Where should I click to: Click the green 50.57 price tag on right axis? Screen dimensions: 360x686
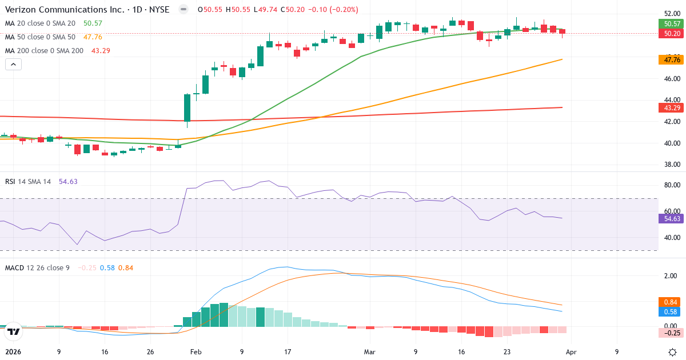pyautogui.click(x=672, y=24)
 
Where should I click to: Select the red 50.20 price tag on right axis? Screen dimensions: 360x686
pyautogui.click(x=672, y=34)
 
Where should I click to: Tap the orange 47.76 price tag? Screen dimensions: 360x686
pyautogui.click(x=672, y=59)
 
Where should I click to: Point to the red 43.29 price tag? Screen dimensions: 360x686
pyautogui.click(x=672, y=107)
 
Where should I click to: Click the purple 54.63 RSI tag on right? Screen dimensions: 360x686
pyautogui.click(x=672, y=218)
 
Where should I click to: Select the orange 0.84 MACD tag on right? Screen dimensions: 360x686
pyautogui.click(x=672, y=302)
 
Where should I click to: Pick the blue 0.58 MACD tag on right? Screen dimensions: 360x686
pyautogui.click(x=672, y=311)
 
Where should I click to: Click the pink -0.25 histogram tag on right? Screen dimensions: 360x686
pyautogui.click(x=672, y=333)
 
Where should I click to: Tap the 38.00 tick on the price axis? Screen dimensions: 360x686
pyautogui.click(x=672, y=165)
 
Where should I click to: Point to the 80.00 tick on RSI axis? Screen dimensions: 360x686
pyautogui.click(x=672, y=185)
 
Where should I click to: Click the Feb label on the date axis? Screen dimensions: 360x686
pyautogui.click(x=196, y=352)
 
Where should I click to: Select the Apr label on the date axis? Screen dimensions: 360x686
pyautogui.click(x=571, y=352)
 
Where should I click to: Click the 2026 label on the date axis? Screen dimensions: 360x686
pyautogui.click(x=13, y=352)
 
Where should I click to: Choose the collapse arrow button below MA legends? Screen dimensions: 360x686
pyautogui.click(x=13, y=65)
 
